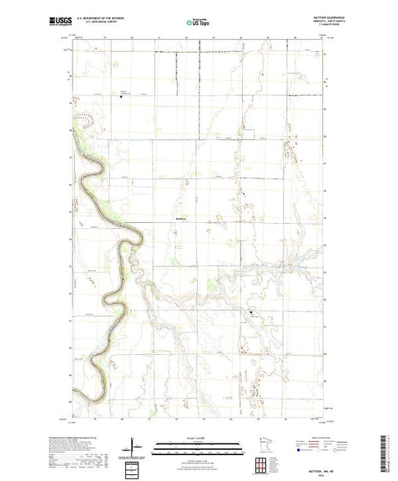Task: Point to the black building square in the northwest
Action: click(121, 96)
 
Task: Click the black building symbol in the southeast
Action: click(250, 312)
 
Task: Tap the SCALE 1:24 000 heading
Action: click(198, 437)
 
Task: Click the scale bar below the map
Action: click(198, 444)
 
